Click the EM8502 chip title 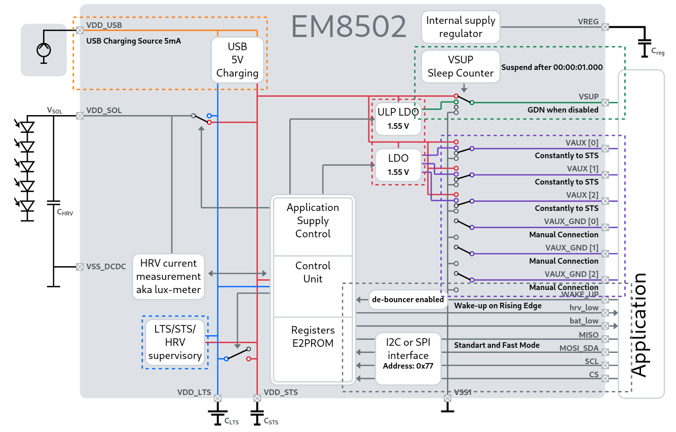(x=349, y=27)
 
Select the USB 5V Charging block (x=237, y=60)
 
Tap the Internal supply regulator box (x=460, y=27)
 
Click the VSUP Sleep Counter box (x=460, y=66)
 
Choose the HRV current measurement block (x=168, y=277)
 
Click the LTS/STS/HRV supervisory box (x=175, y=342)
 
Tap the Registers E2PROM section (x=313, y=337)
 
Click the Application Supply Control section (x=313, y=221)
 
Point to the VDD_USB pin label (x=104, y=24)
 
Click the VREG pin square (x=605, y=27)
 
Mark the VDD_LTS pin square (x=217, y=398)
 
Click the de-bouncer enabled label (x=408, y=299)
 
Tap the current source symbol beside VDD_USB (x=44, y=50)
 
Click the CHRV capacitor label (x=65, y=213)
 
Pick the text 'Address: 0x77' (x=408, y=366)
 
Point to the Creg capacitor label (x=658, y=52)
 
